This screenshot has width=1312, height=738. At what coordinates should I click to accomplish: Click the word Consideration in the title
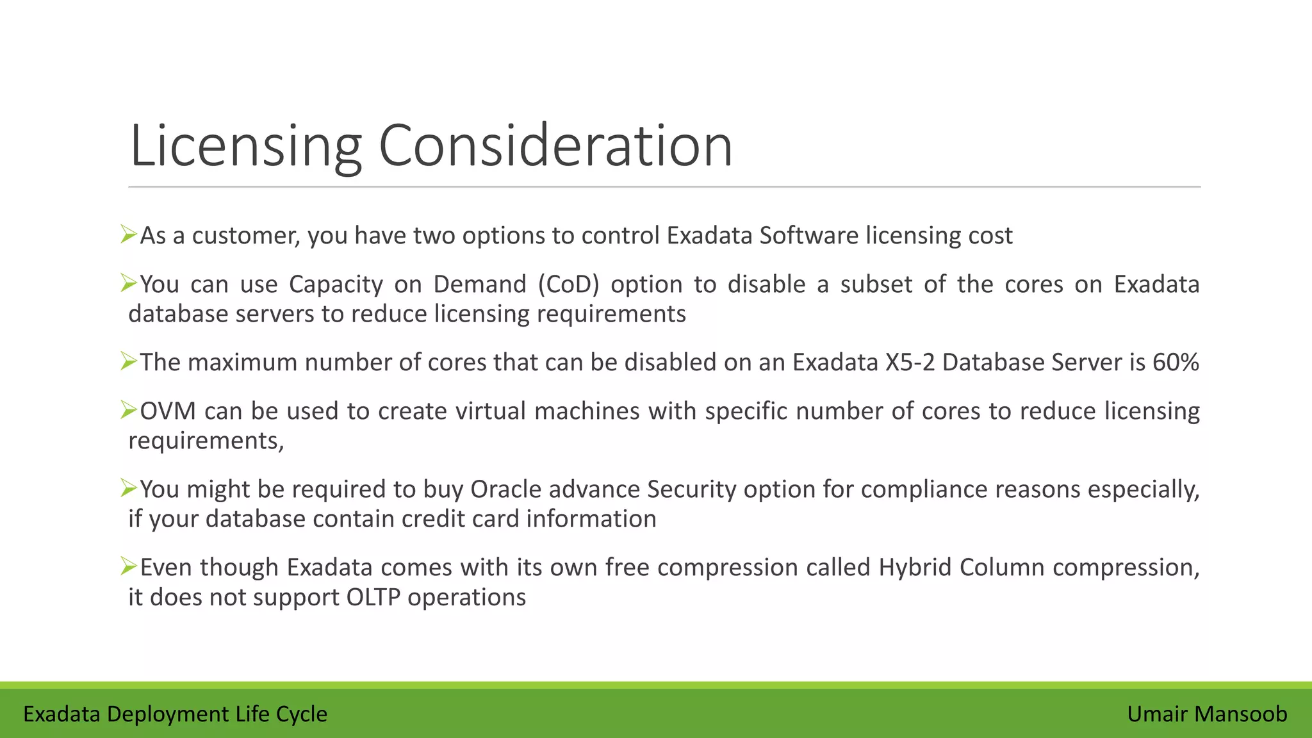click(x=555, y=146)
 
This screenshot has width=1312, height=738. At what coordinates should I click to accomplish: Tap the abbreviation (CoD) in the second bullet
click(x=568, y=284)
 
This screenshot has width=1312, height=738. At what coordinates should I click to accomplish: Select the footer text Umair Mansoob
click(x=1207, y=714)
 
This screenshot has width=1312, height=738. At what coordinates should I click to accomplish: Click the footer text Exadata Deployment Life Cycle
click(x=175, y=714)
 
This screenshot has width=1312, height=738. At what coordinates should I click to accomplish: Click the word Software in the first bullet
click(x=808, y=236)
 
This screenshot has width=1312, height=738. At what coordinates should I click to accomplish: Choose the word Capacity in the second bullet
click(x=336, y=284)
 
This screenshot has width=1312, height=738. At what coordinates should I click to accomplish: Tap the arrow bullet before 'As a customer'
click(x=129, y=234)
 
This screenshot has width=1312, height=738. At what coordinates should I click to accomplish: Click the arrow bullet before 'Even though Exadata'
click(x=129, y=566)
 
